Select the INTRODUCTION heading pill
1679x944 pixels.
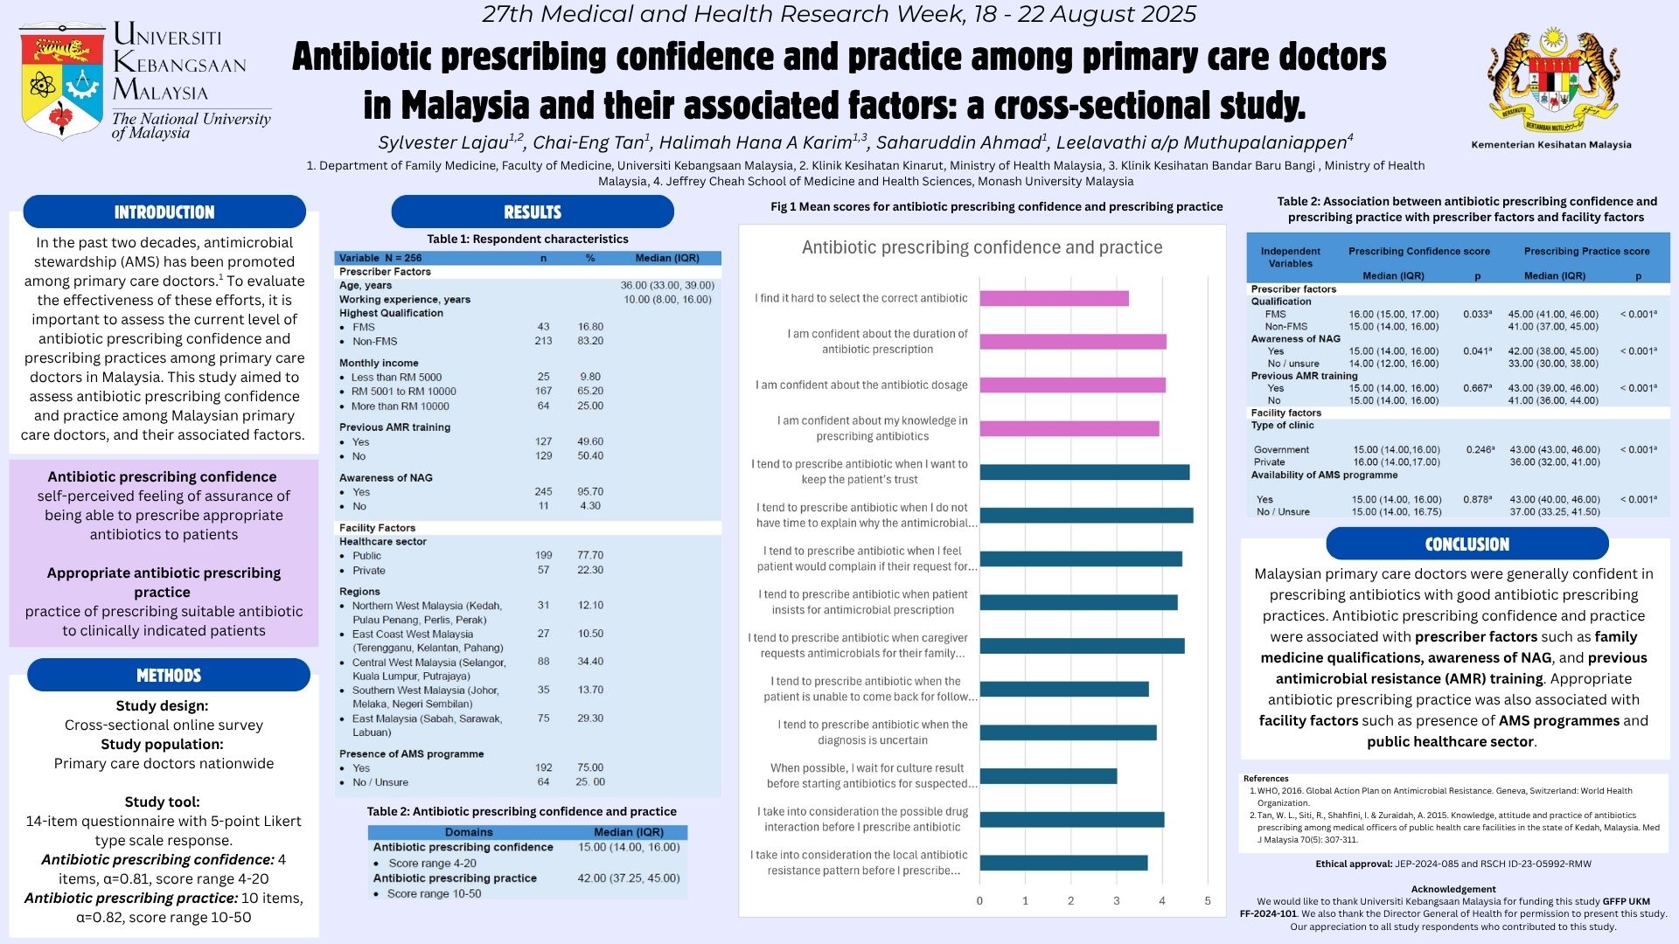164,212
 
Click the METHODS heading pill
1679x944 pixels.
169,675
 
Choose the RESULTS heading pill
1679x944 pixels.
533,212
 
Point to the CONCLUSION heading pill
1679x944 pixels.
1467,544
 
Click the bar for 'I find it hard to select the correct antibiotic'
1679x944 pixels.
1054,298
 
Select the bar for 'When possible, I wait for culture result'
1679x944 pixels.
1048,775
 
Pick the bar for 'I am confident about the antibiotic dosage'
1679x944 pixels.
1072,385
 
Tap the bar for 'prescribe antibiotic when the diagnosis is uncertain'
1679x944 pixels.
1068,732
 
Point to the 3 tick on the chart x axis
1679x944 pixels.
1117,900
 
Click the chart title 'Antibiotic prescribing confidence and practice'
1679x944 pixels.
982,247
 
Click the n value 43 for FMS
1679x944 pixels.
543,327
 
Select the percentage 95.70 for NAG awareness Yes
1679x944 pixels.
590,491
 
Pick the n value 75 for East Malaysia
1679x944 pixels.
543,718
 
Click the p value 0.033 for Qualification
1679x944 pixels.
1477,314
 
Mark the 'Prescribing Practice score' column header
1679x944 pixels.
1586,251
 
